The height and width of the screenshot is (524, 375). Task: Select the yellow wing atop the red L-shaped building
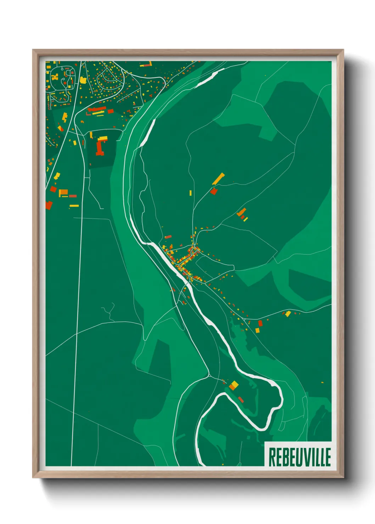pyautogui.click(x=103, y=138)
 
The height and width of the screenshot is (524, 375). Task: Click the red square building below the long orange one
pyautogui.click(x=213, y=191)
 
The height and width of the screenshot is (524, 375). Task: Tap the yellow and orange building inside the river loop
pyautogui.click(x=234, y=385)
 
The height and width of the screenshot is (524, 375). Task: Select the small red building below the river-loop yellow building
pyautogui.click(x=241, y=400)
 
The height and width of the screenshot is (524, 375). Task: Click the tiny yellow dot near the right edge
pyautogui.click(x=322, y=382)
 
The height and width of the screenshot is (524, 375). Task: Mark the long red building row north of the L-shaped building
pyautogui.click(x=96, y=109)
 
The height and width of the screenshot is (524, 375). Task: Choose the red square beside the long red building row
pyautogui.click(x=111, y=111)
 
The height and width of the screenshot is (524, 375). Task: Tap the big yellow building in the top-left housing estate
pyautogui.click(x=83, y=80)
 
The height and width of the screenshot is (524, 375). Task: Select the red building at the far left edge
pyautogui.click(x=49, y=205)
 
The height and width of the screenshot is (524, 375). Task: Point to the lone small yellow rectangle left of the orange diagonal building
pyautogui.click(x=190, y=193)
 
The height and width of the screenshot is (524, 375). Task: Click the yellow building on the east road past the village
pyautogui.click(x=288, y=313)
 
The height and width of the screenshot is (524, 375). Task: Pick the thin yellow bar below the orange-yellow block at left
pyautogui.click(x=74, y=205)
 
